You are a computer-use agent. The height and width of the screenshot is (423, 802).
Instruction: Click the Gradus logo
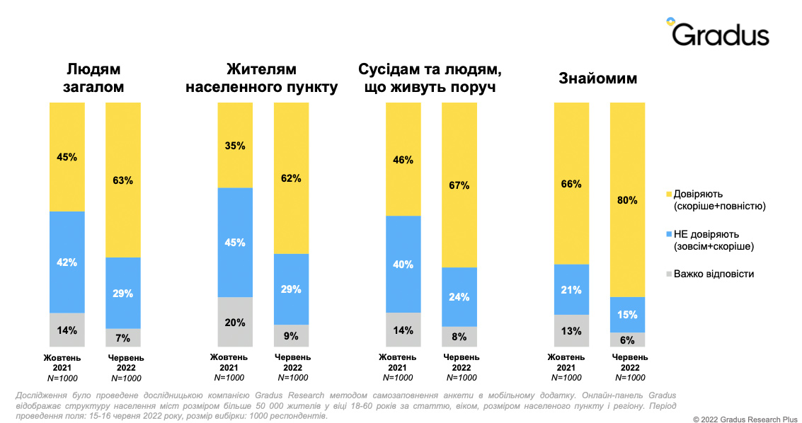(x=717, y=33)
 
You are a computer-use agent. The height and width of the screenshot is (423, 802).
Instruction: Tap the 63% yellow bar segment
(x=123, y=180)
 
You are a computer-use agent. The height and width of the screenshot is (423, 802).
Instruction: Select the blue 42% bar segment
(x=67, y=262)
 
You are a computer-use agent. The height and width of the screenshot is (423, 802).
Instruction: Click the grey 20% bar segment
(x=235, y=322)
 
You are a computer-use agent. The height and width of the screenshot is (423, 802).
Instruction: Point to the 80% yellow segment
(x=628, y=199)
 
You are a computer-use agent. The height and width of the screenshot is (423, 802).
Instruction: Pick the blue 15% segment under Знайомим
(x=628, y=314)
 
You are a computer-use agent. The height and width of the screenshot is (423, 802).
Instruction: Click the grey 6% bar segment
(x=628, y=340)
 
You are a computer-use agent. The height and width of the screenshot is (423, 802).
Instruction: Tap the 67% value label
(x=459, y=185)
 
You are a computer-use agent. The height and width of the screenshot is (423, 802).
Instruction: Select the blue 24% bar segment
(x=459, y=296)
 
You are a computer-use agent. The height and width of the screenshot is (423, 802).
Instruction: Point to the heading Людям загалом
(x=94, y=79)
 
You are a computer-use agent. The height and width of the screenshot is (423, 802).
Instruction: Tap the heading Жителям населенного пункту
(x=261, y=79)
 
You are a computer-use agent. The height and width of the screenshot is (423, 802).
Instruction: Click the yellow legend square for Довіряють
(x=668, y=194)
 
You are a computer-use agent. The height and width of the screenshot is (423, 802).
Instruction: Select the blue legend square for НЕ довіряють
(x=668, y=234)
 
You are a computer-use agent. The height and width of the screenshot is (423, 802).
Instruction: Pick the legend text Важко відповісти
(x=714, y=274)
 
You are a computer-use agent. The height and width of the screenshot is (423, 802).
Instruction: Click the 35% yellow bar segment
(x=235, y=146)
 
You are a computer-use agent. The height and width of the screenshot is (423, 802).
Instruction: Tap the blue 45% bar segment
(x=235, y=242)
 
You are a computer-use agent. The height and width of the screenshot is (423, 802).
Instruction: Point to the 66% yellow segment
(x=571, y=184)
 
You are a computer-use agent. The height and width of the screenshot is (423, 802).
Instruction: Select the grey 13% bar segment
(x=571, y=330)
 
